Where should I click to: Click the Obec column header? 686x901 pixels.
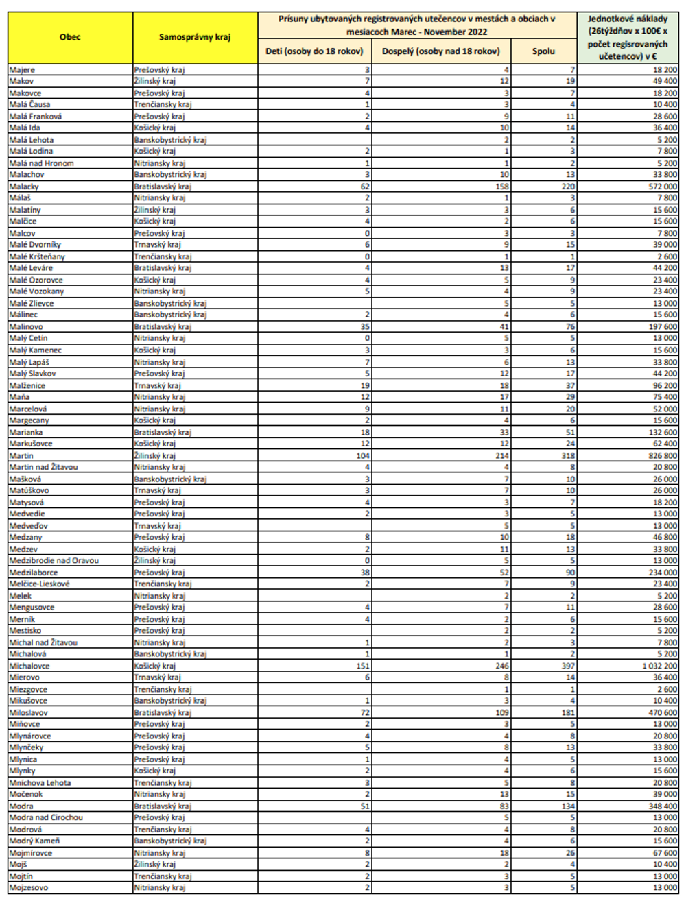(70, 38)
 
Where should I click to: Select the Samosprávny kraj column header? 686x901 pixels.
(195, 38)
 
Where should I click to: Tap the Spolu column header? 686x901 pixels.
(543, 51)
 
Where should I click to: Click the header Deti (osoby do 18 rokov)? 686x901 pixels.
(314, 51)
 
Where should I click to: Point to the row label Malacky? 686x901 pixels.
(24, 187)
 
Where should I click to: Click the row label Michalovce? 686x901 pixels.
(29, 666)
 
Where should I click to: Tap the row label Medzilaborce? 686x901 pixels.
(34, 573)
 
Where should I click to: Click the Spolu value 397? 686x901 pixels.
(567, 666)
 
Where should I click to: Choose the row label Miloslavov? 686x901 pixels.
(29, 712)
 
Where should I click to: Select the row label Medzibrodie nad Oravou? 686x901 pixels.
(54, 560)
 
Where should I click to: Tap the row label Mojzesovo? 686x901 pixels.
(28, 887)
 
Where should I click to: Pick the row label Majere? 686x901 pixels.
(22, 69)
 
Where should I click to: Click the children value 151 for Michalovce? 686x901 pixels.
(363, 666)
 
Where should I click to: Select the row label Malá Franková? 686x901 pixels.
(36, 116)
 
